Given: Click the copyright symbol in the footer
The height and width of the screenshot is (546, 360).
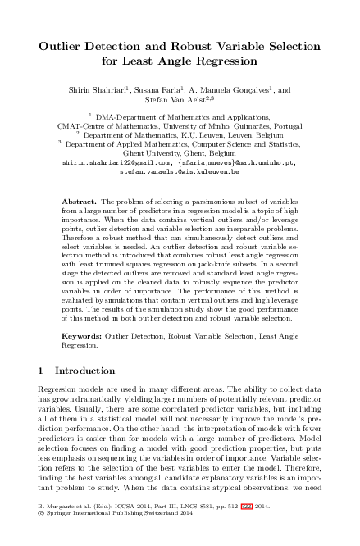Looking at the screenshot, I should (42, 539).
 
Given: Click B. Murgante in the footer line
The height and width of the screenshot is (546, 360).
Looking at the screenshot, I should (57, 530).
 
